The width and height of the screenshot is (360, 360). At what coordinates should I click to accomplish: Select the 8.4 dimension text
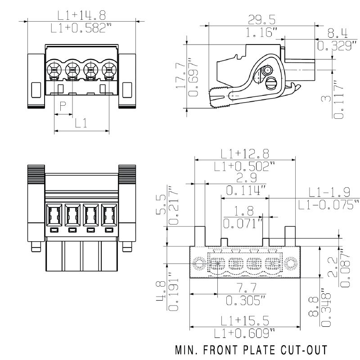[337, 33]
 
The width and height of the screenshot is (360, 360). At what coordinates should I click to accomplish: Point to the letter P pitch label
[63, 107]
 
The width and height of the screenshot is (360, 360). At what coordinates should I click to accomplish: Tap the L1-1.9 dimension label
[329, 193]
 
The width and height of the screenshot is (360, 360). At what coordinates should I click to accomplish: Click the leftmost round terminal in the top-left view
[54, 69]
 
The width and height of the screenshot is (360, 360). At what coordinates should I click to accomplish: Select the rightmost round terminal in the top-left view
[108, 69]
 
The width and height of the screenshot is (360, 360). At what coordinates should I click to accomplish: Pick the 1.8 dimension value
[244, 210]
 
